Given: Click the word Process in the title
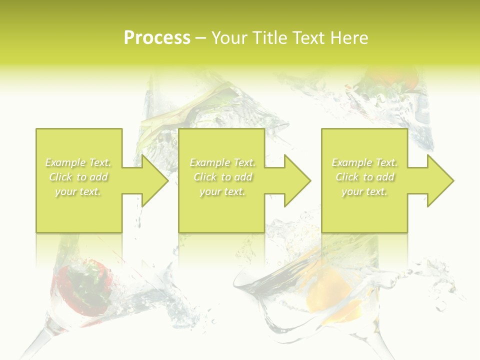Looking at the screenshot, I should tap(157, 38).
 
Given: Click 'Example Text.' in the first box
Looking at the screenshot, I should tap(78, 162).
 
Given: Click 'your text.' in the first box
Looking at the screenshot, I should tap(78, 191).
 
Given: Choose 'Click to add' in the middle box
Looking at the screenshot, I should tap(222, 177).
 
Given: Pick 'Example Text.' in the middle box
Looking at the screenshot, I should tap(222, 162).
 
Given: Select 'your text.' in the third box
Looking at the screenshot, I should tap(364, 191).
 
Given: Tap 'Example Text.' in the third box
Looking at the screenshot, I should tap(364, 162).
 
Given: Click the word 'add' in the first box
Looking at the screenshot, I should tap(99, 177).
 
